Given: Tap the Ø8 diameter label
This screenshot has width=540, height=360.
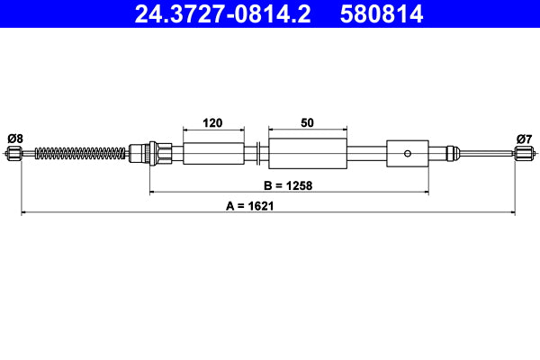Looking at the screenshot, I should tap(14, 138).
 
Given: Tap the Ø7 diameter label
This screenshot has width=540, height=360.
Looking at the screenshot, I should tap(524, 138).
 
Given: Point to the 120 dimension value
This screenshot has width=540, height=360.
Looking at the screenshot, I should tap(213, 122).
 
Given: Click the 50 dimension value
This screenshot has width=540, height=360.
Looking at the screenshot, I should tap(308, 122).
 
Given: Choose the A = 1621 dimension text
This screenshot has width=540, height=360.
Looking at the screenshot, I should tap(250, 205).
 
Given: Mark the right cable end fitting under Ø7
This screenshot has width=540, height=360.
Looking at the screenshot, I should tap(524, 154).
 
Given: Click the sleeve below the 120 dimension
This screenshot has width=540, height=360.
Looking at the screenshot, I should tap(213, 153).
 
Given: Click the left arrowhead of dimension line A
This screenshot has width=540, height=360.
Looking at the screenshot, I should tap(24, 213).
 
